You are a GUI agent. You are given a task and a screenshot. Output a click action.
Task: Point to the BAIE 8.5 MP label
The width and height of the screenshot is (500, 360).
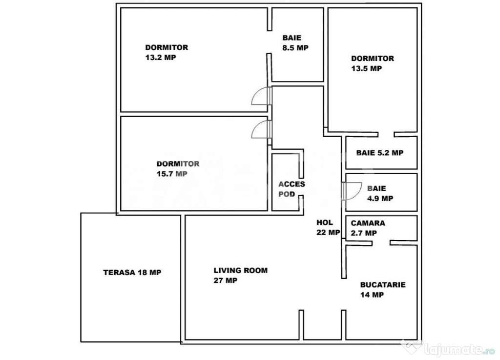click(295, 43)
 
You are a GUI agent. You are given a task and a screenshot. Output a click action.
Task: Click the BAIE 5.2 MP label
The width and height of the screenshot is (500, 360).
click(380, 153)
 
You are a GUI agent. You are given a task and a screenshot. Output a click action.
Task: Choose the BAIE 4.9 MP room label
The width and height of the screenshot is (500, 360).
click(380, 193)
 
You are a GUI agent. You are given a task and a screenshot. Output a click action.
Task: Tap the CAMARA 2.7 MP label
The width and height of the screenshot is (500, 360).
click(368, 228)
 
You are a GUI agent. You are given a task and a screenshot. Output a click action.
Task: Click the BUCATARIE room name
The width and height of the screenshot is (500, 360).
click(383, 285)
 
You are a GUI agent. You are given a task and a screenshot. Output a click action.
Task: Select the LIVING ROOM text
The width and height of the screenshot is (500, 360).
click(241, 270)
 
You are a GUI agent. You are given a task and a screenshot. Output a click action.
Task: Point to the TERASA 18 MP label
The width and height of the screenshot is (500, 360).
click(132, 272)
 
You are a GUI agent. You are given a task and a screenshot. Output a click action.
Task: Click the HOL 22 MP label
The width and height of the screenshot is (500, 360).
click(328, 227)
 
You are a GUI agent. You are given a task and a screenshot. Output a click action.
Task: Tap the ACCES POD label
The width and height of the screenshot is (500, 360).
click(292, 189)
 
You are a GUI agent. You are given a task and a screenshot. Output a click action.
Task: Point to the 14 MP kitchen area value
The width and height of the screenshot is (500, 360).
click(372, 295)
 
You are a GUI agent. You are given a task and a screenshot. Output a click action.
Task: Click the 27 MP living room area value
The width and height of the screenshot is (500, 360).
click(226, 280)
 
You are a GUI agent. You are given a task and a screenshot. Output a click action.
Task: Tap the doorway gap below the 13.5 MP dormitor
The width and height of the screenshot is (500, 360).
click(386, 134)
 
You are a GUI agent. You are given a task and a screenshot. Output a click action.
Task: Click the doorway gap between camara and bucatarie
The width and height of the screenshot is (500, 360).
click(381, 243)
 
